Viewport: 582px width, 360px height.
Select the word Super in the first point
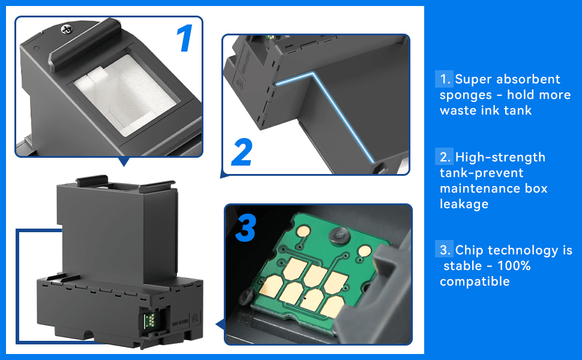(473, 79)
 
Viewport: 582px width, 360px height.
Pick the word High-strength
(500, 157)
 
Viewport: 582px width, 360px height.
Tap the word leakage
(464, 204)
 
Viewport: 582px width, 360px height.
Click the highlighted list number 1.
(445, 79)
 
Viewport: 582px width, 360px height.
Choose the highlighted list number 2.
(445, 157)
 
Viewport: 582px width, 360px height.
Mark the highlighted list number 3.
(445, 250)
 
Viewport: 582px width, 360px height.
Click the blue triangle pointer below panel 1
(124, 161)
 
